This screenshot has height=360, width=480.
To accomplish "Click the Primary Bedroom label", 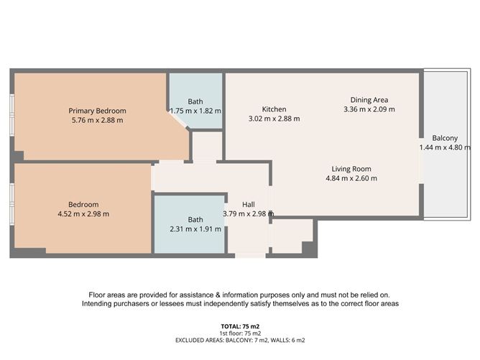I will [97, 111].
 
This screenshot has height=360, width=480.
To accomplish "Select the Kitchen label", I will [274, 109].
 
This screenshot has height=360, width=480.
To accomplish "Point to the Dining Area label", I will [369, 100].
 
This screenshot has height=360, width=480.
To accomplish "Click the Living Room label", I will [351, 168].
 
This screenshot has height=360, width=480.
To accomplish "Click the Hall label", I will [248, 204].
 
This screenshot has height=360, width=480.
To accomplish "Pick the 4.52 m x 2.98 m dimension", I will [83, 213].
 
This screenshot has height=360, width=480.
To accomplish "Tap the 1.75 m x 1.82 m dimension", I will [195, 111].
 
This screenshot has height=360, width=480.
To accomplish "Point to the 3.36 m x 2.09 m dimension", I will [369, 109].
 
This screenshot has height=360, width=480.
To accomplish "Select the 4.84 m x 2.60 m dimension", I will [351, 178].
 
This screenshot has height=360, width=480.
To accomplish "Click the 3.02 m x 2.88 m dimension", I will [274, 119].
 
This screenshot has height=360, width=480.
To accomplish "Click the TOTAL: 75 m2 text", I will [240, 326].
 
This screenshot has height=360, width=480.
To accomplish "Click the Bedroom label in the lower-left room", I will [83, 204].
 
